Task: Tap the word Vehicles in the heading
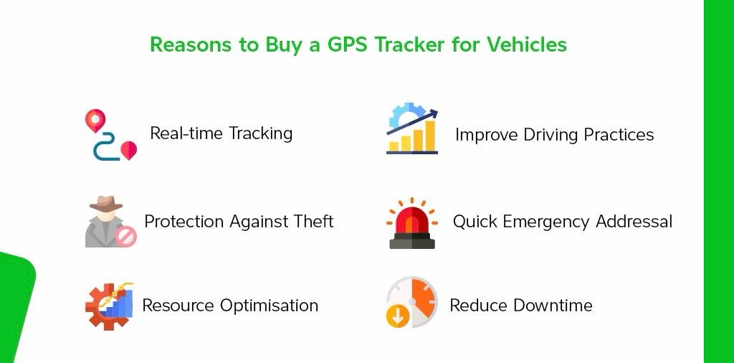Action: pyautogui.click(x=526, y=44)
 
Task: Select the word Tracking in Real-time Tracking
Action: pyautogui.click(x=261, y=133)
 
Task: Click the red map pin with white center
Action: pyautogui.click(x=95, y=121)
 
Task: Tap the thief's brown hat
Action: pyautogui.click(x=106, y=203)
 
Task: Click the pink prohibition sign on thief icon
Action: pyautogui.click(x=126, y=237)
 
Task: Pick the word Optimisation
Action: pyautogui.click(x=270, y=306)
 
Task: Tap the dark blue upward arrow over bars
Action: pyautogui.click(x=412, y=122)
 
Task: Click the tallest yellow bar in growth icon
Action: pyautogui.click(x=430, y=136)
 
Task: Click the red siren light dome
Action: pyautogui.click(x=412, y=220)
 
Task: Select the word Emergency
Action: pyautogui.click(x=547, y=222)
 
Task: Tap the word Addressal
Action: pyautogui.click(x=634, y=221)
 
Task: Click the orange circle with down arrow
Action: pyautogui.click(x=398, y=316)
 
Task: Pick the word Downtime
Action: pyautogui.click(x=553, y=306)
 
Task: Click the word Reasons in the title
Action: pyautogui.click(x=191, y=44)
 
